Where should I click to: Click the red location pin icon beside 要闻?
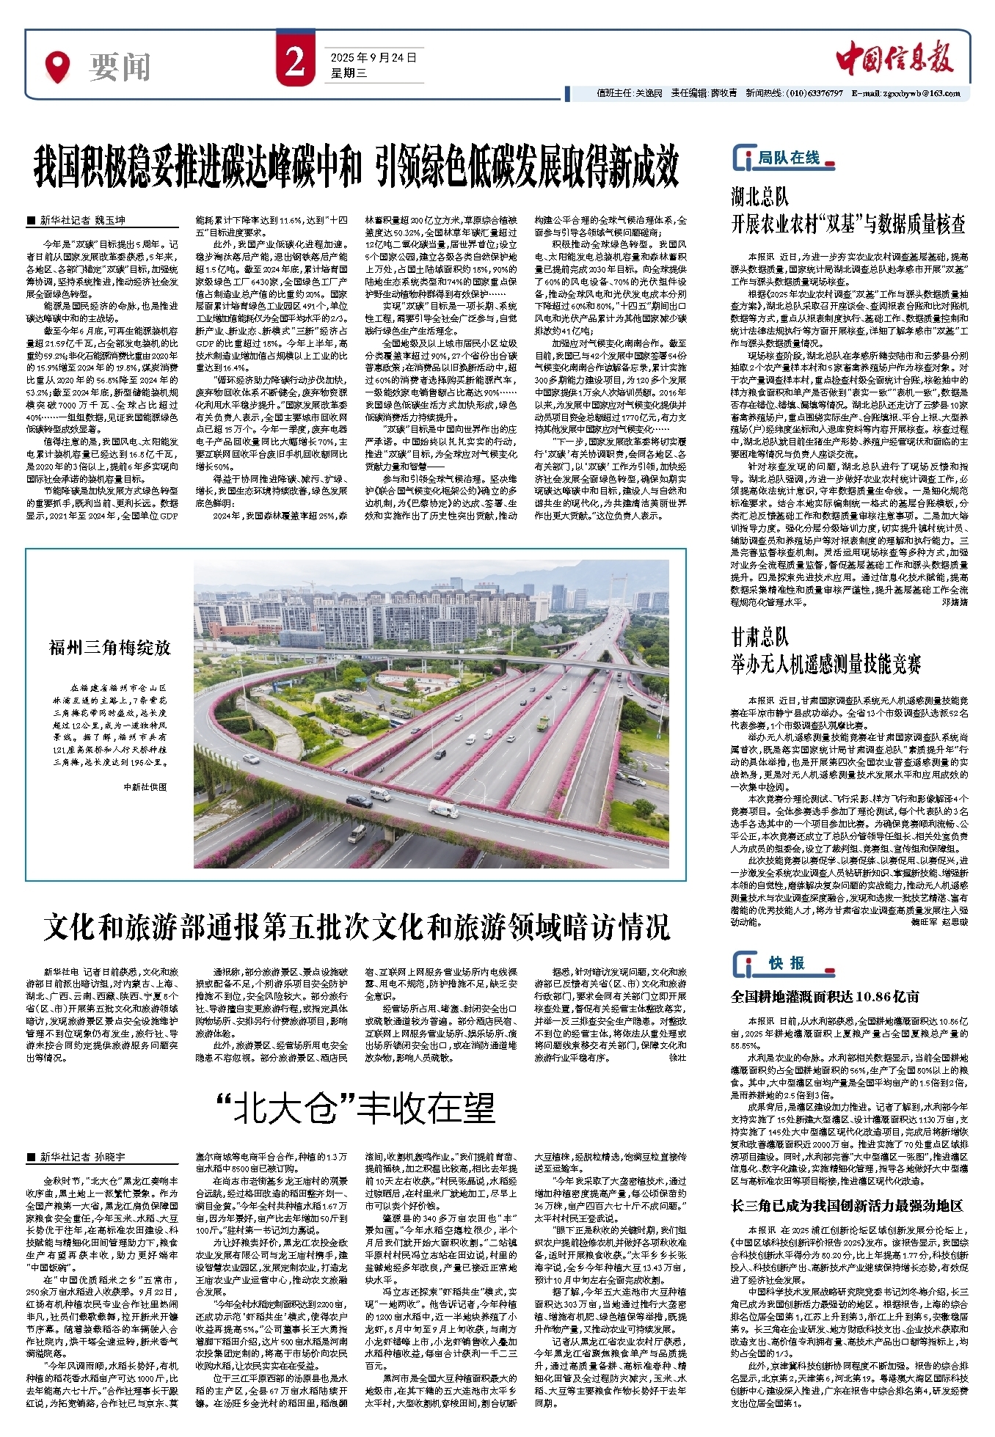click(57, 66)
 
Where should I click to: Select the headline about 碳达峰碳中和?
click(356, 167)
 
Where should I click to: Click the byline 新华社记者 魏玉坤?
click(82, 219)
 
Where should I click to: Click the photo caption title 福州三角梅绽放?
click(110, 647)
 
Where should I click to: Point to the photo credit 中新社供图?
click(145, 786)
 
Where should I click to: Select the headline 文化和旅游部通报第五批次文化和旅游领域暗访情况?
click(356, 927)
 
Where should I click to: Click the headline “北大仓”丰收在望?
click(356, 1108)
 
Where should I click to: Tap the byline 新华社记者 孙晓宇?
click(82, 1157)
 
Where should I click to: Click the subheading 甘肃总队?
click(759, 636)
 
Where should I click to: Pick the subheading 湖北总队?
click(759, 197)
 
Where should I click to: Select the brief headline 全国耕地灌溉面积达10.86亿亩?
click(825, 996)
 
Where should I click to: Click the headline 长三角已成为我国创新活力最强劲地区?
click(847, 1205)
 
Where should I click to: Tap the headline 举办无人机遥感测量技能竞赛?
click(825, 665)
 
